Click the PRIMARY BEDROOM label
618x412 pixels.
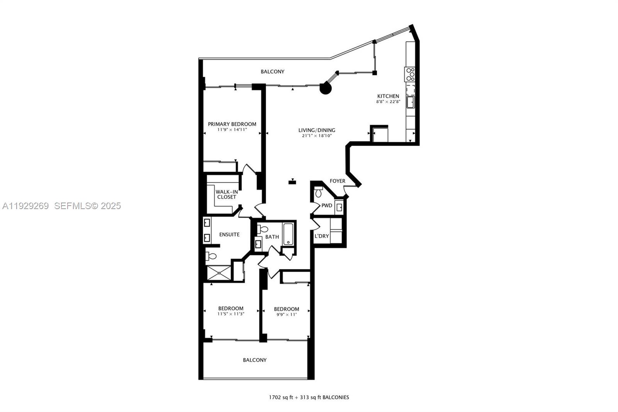[x=232, y=124]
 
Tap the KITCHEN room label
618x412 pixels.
[x=388, y=96]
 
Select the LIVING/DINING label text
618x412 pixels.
[x=316, y=130]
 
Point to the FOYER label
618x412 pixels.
[x=337, y=181]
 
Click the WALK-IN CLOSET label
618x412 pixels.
[x=226, y=194]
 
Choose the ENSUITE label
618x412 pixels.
[x=229, y=235]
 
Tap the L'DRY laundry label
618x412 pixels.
[x=322, y=236]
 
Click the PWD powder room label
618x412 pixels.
[x=327, y=206]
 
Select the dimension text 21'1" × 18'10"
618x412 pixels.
[x=316, y=136]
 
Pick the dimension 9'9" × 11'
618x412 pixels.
[x=286, y=315]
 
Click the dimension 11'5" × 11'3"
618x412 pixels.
[x=231, y=314]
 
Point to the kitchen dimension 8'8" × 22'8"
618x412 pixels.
[x=388, y=102]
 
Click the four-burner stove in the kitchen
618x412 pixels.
[x=410, y=74]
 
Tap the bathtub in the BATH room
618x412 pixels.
[x=288, y=234]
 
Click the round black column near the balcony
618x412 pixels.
[x=326, y=89]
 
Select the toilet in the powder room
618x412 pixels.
[x=319, y=192]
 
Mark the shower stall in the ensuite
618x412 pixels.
[x=219, y=273]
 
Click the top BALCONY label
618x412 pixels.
[x=272, y=72]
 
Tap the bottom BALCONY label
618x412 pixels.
[x=255, y=360]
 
